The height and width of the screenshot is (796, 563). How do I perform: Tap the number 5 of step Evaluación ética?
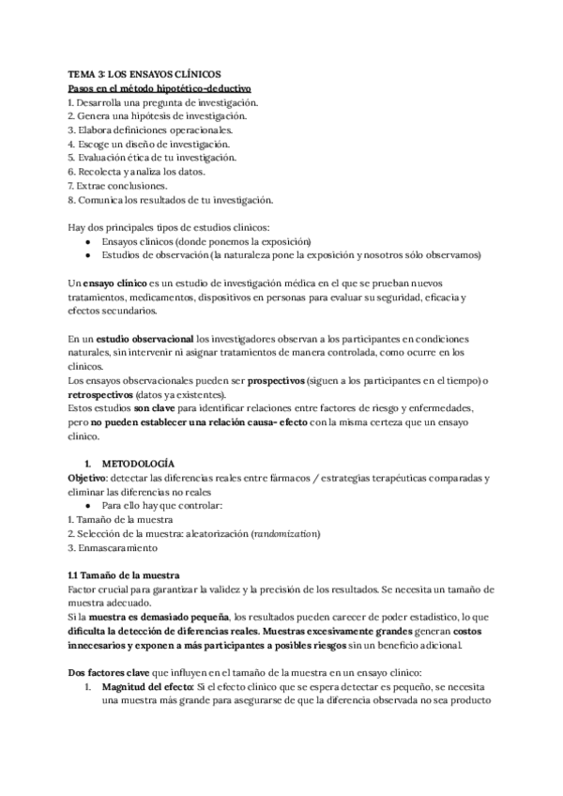(71, 158)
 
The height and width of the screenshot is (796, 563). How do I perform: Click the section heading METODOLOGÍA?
(137, 464)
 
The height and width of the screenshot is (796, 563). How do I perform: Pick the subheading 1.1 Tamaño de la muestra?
(129, 574)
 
